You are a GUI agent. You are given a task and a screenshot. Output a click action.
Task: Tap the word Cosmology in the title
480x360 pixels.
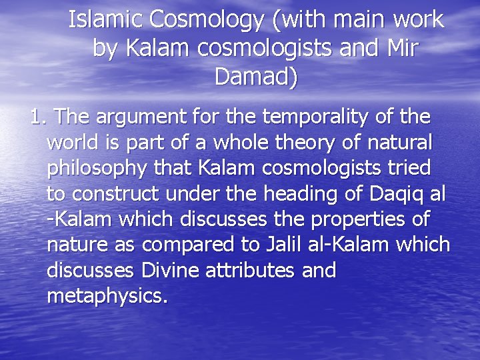tap(207, 21)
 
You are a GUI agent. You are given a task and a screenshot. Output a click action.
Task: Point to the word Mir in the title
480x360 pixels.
tap(399, 49)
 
